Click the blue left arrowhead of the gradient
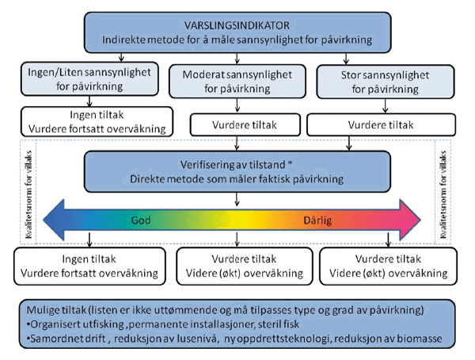[x=59, y=218]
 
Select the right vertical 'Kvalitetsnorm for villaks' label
[x=445, y=190]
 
